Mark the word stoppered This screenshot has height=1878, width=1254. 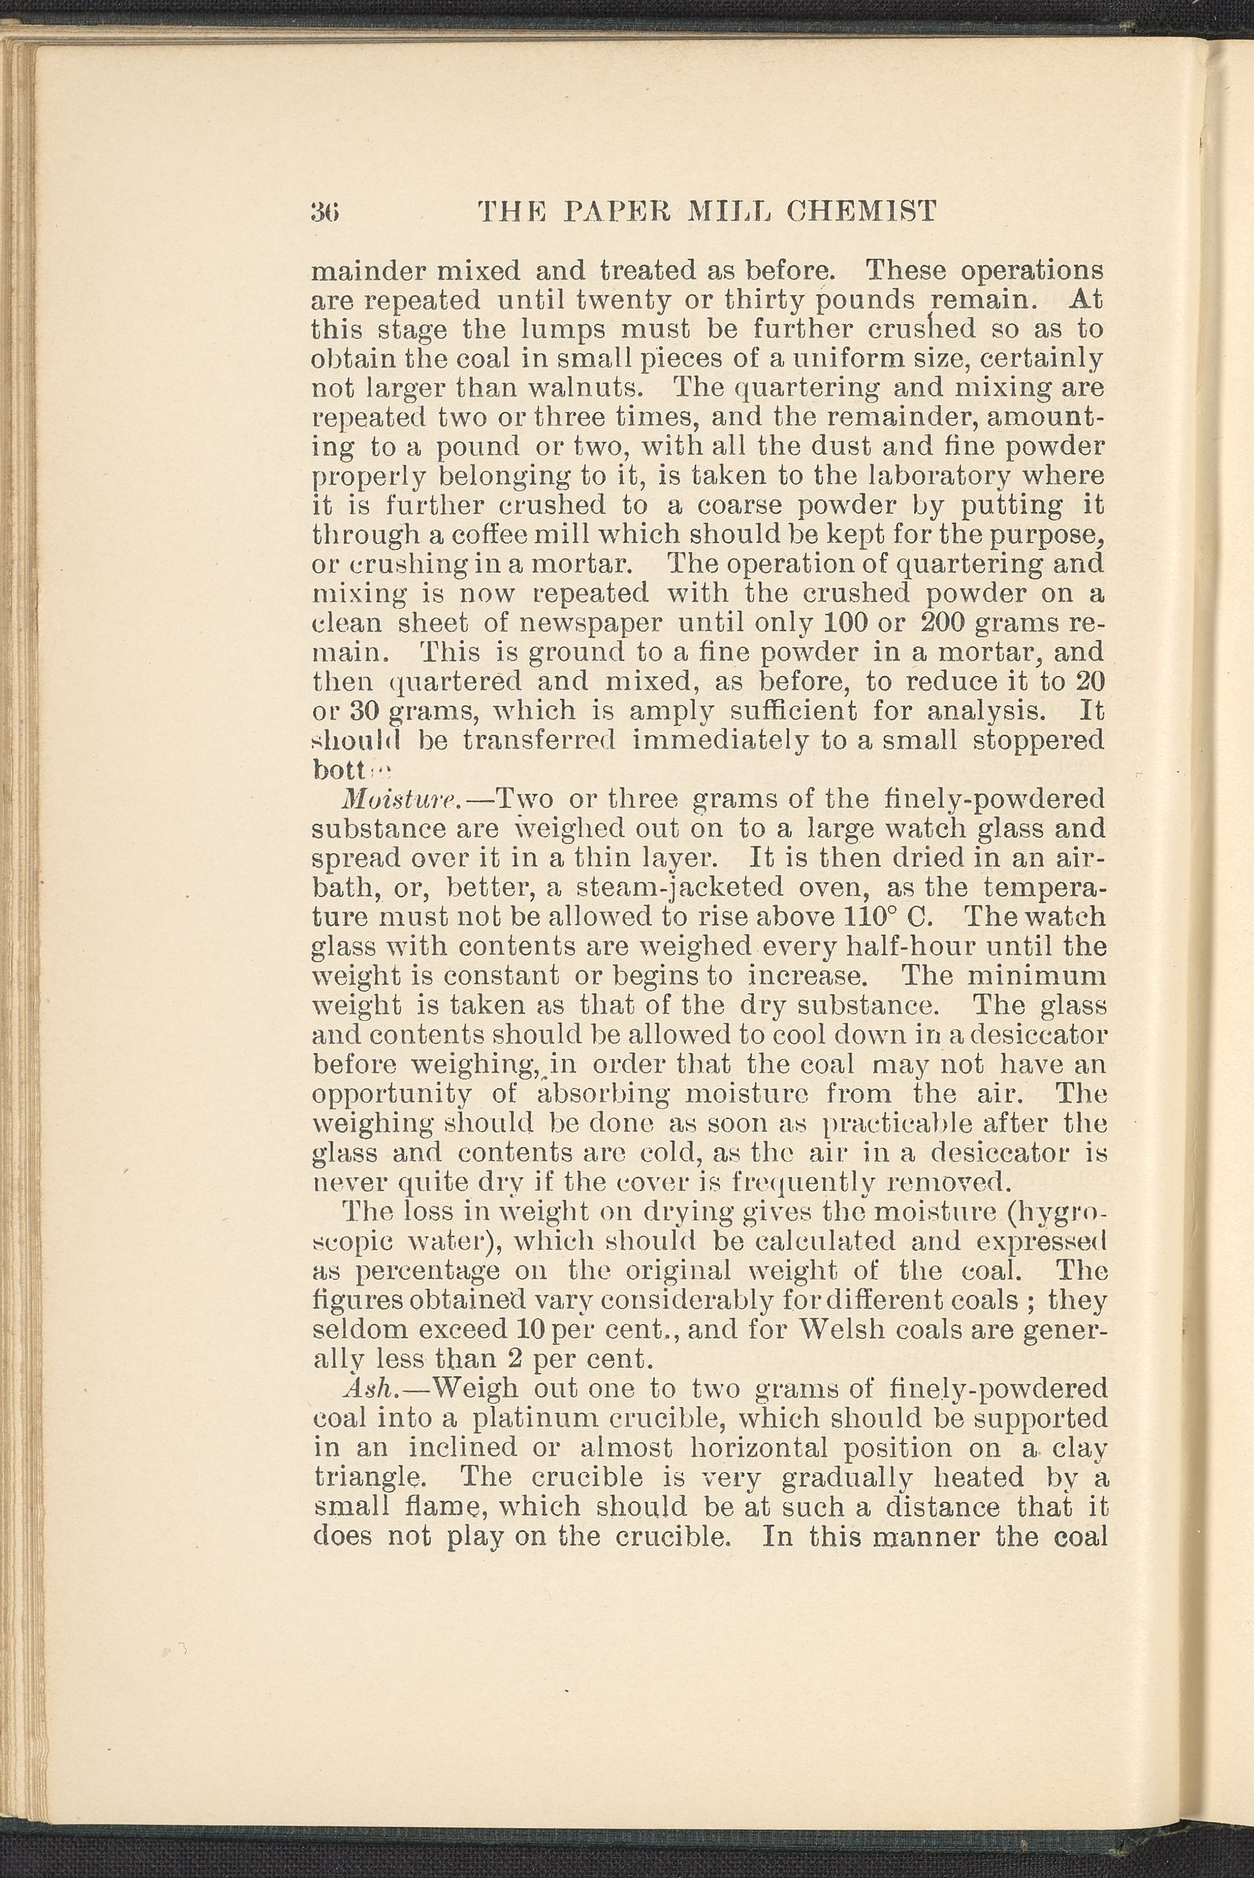click(x=1036, y=740)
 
